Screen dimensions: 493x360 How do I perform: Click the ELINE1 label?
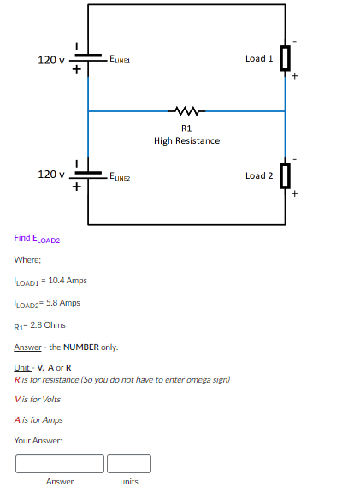[119, 60]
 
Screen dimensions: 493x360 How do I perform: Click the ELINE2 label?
[119, 176]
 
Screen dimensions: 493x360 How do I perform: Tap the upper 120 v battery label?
[51, 60]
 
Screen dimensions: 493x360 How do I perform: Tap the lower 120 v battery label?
[51, 175]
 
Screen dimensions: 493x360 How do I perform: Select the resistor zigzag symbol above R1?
[186, 110]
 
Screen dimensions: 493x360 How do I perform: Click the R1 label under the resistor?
[186, 128]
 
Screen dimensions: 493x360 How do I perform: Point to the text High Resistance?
[186, 140]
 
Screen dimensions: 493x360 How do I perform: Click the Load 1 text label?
[258, 58]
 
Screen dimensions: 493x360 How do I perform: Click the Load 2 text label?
[258, 175]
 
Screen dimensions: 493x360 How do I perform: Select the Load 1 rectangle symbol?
[285, 58]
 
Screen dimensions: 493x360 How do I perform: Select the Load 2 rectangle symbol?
[285, 175]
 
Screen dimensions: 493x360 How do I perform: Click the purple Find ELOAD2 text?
[38, 238]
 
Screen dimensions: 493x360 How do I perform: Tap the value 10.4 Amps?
[68, 281]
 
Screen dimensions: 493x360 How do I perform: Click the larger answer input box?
[59, 464]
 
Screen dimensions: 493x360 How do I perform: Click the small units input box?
[129, 464]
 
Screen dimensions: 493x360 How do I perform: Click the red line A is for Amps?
[38, 419]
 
